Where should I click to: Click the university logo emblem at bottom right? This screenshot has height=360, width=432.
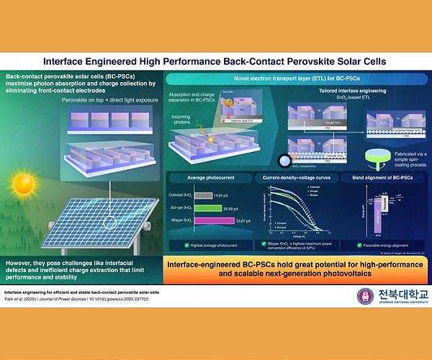[x=366, y=296]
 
